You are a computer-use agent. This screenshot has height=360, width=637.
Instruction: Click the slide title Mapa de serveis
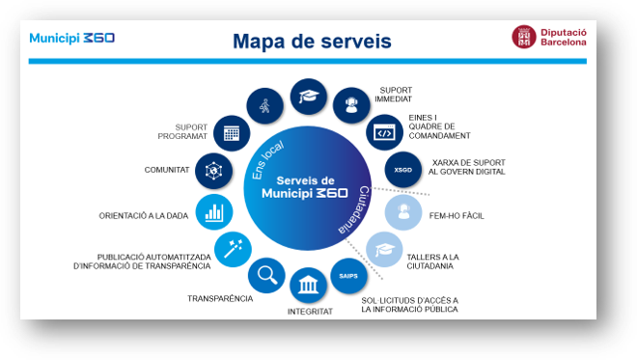tap(312, 42)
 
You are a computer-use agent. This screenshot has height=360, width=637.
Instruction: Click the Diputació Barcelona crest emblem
tap(524, 37)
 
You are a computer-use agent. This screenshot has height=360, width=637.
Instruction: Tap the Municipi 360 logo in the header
tap(72, 39)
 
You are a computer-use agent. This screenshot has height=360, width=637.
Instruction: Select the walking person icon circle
tap(264, 106)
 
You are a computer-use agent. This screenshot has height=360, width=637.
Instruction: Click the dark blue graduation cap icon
tap(308, 97)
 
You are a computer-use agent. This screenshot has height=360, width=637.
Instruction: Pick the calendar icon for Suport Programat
tap(232, 133)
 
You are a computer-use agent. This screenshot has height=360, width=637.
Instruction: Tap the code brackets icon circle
tap(384, 132)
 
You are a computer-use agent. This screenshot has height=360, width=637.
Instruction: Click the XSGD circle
tap(403, 170)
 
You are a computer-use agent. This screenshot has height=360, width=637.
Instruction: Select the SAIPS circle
tap(348, 276)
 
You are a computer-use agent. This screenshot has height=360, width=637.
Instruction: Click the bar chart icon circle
tap(214, 212)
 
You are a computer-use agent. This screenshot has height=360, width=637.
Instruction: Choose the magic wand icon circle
tap(233, 249)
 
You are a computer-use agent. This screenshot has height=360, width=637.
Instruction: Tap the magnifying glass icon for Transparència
tap(266, 275)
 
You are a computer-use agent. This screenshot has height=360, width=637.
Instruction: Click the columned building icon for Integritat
tap(308, 285)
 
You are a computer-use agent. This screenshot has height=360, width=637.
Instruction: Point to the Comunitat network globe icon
tap(213, 171)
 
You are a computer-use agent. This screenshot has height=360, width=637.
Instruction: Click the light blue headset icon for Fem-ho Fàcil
tap(403, 212)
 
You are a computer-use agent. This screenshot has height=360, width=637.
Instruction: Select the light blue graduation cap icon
tap(384, 249)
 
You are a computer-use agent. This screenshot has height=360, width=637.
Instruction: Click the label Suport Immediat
tap(393, 95)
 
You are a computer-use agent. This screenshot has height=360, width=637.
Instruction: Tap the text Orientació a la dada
tap(144, 216)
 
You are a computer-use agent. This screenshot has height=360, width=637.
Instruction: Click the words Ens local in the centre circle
tap(267, 160)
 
